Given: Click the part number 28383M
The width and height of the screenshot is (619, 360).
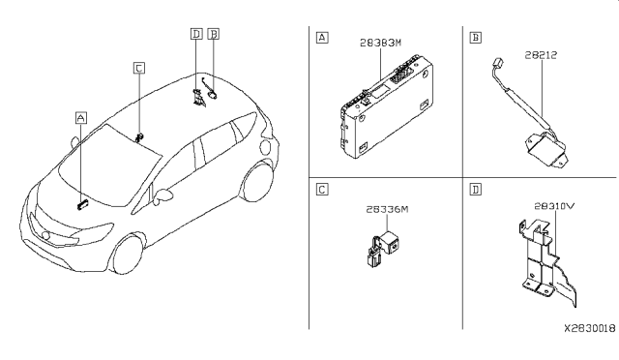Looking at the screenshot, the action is click(380, 43).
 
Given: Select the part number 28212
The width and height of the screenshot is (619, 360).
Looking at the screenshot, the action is click(541, 55).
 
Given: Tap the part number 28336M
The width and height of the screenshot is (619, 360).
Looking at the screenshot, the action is click(387, 209).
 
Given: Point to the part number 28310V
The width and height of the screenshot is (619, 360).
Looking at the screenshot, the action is click(554, 206).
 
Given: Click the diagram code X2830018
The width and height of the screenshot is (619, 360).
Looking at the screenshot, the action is click(589, 328).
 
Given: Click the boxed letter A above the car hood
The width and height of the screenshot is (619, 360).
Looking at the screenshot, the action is click(81, 118).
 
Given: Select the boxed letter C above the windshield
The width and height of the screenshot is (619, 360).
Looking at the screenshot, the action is click(139, 68).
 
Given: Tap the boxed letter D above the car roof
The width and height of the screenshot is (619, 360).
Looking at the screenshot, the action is click(196, 34).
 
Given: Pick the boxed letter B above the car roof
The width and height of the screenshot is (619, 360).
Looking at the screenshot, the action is click(213, 34).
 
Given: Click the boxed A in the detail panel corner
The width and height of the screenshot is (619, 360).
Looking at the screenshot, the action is click(322, 38).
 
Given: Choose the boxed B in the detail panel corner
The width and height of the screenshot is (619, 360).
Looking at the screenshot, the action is click(476, 38).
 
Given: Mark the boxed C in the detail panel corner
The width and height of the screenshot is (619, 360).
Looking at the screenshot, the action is click(322, 190).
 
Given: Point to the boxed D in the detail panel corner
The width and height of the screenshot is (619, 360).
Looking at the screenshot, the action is click(476, 190).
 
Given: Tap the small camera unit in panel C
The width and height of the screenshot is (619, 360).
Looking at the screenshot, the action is click(382, 249).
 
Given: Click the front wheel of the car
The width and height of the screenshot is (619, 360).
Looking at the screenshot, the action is click(127, 255).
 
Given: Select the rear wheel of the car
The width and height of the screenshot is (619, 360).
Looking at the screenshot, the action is click(257, 183).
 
